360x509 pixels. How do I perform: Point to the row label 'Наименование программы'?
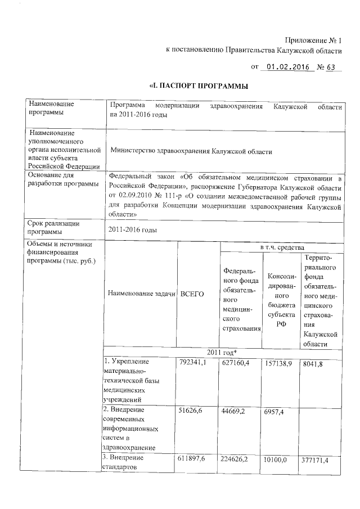pyautogui.click(x=53, y=109)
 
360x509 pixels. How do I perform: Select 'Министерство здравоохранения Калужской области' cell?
pyautogui.click(x=191, y=151)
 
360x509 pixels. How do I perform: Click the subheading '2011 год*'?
pyautogui.click(x=222, y=352)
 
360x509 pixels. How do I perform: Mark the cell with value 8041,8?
pyautogui.click(x=312, y=362)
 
